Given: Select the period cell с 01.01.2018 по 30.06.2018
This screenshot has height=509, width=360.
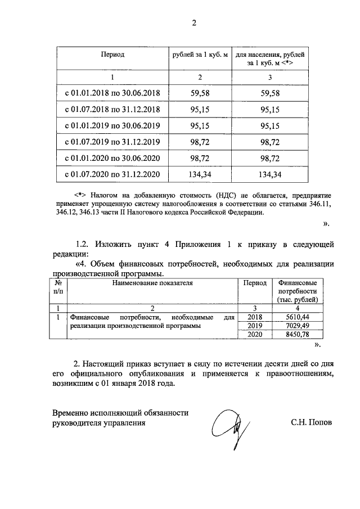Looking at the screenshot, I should (112, 93).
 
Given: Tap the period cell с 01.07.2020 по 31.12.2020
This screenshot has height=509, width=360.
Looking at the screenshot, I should (112, 174).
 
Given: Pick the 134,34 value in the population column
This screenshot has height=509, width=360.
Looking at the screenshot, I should (271, 174).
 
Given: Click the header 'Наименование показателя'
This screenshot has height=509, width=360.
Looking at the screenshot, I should (152, 283).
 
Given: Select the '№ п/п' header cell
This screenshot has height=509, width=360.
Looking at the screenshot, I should (58, 287).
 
